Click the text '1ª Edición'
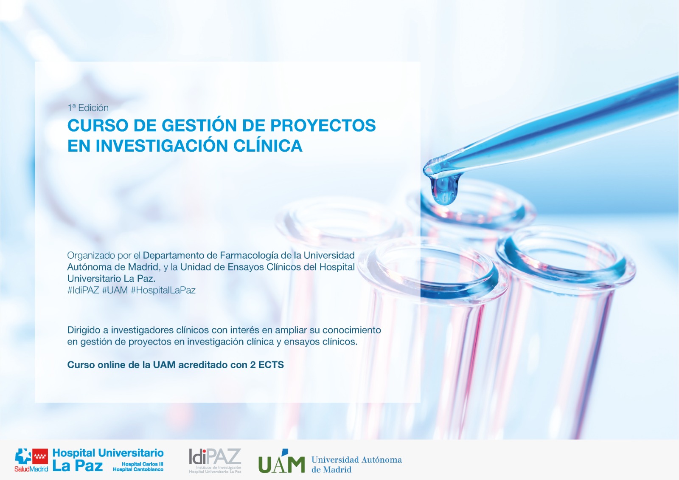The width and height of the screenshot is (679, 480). tap(88, 108)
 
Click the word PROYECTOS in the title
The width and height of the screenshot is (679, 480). tap(323, 125)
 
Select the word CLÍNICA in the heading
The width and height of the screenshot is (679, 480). tap(268, 146)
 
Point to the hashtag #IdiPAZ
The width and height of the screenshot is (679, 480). tap(83, 290)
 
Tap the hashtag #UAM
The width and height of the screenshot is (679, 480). tap(115, 290)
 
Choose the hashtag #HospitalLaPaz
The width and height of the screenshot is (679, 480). tap(163, 290)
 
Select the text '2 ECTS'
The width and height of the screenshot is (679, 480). tap(267, 365)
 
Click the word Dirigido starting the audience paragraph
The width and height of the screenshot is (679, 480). tap(84, 330)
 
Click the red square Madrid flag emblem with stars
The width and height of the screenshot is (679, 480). tap(40, 457)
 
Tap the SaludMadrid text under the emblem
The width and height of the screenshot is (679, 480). tap(31, 469)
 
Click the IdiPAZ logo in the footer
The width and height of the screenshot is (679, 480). tap(215, 460)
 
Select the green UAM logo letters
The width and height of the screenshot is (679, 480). tap(281, 462)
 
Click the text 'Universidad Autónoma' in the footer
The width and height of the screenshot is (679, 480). tap(356, 460)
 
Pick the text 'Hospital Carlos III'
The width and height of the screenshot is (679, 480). tap(143, 464)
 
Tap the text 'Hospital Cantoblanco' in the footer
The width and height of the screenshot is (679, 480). tap(138, 469)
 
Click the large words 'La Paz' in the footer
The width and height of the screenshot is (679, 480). tap(78, 466)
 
